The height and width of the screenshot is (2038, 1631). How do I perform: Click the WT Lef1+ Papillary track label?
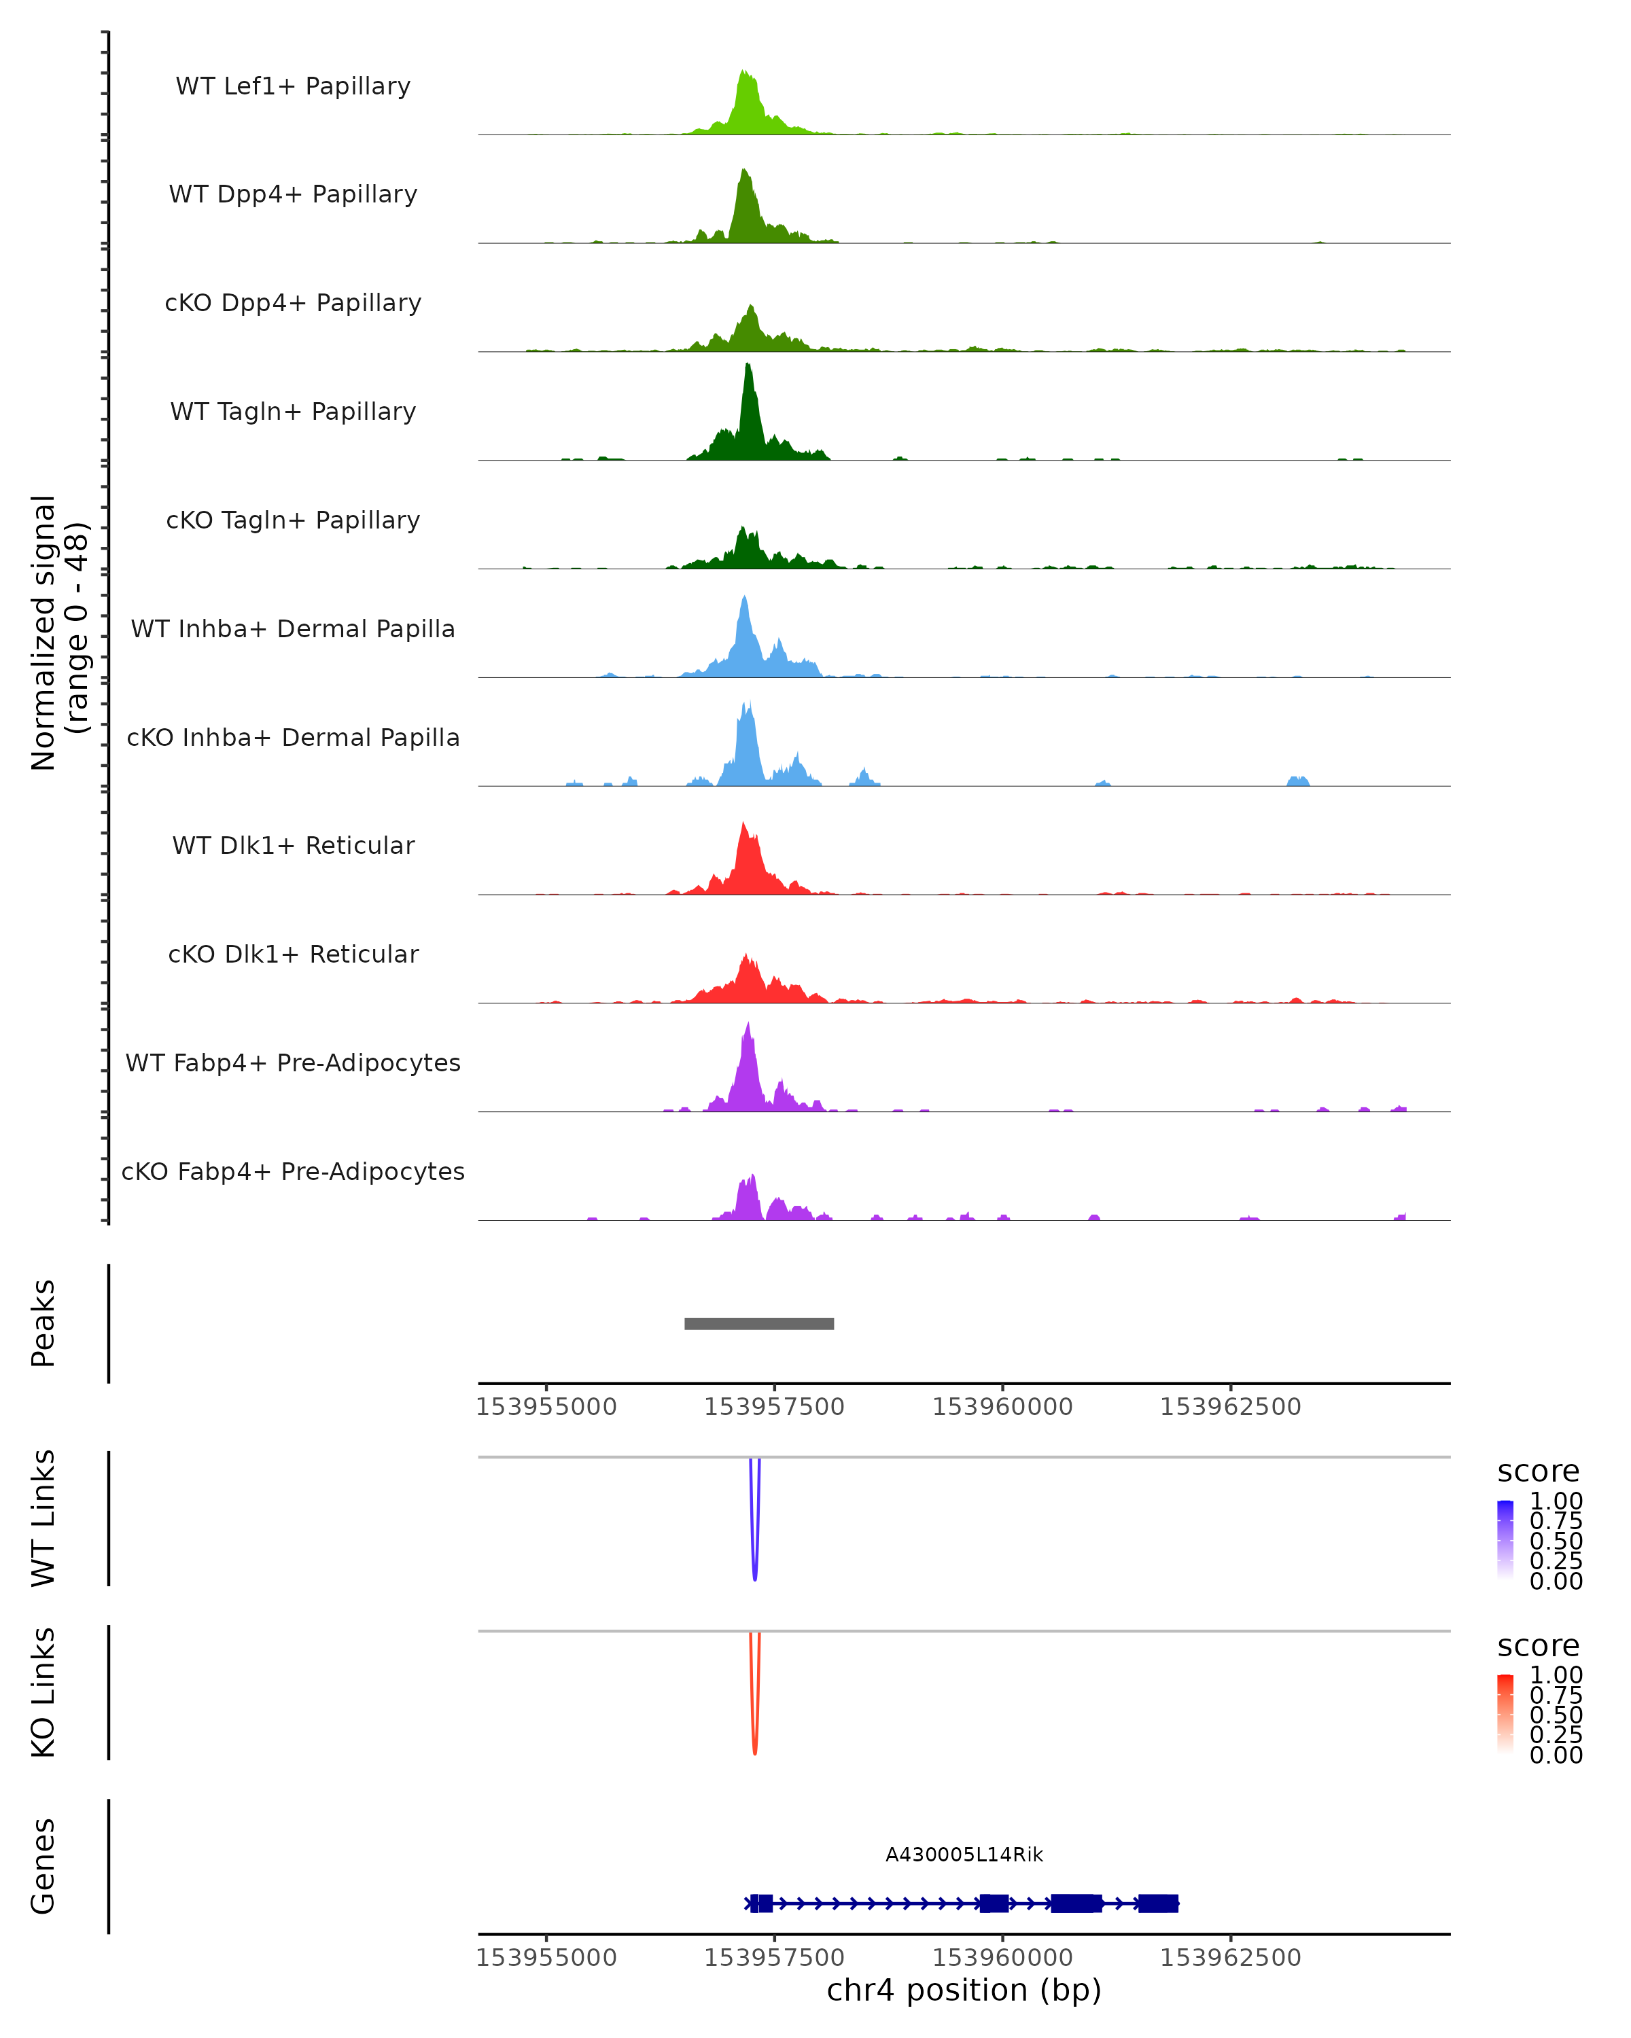[x=293, y=86]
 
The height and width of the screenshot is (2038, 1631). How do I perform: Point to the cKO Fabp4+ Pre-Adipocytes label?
[x=293, y=1171]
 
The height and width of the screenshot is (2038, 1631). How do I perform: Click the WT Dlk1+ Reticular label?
[x=293, y=845]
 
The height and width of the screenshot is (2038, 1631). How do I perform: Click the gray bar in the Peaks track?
[x=758, y=1323]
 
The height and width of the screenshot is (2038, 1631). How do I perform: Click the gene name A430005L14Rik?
[x=964, y=1855]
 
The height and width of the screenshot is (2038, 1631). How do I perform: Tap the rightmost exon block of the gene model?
[x=1157, y=1903]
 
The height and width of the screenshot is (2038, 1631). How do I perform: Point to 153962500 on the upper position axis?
[x=1230, y=1407]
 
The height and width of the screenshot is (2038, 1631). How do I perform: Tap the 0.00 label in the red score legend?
[x=1556, y=1755]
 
